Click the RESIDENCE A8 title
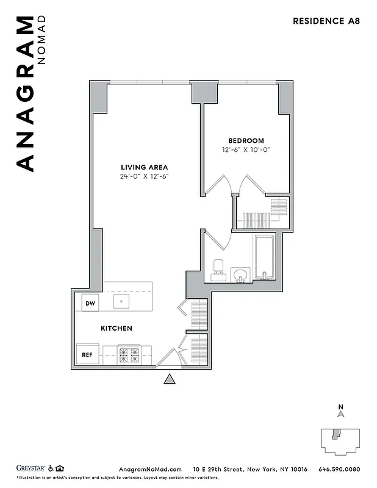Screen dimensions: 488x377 pyautogui.click(x=326, y=21)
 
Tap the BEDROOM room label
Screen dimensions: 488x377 pyautogui.click(x=246, y=140)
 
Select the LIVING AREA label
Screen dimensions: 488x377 pyautogui.click(x=144, y=167)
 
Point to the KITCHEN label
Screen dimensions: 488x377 pyautogui.click(x=116, y=328)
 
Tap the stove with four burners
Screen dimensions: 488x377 pyautogui.click(x=129, y=354)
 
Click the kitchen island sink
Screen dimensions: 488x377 pyautogui.click(x=120, y=301)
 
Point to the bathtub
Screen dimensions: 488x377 pyautogui.click(x=264, y=256)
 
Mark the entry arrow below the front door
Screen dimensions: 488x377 pyautogui.click(x=170, y=380)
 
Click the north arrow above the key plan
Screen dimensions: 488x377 pyautogui.click(x=341, y=414)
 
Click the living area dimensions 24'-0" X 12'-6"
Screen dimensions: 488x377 pyautogui.click(x=144, y=177)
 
